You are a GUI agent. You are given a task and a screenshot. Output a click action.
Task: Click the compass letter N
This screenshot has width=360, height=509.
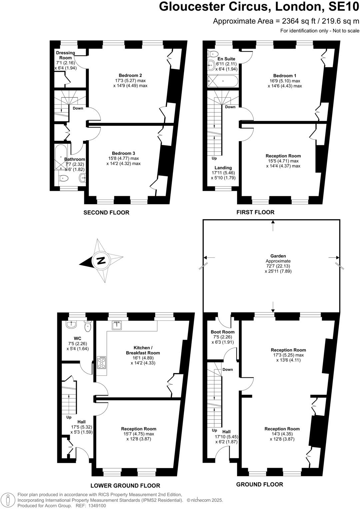[101, 261]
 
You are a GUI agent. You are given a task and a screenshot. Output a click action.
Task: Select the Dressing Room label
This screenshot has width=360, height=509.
[65, 55]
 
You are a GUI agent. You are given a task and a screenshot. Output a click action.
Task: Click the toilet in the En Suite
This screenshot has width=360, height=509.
[213, 54]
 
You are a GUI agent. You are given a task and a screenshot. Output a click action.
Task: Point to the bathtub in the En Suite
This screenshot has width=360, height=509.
[223, 81]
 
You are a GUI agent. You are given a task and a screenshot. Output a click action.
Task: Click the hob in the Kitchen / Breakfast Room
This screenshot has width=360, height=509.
[101, 362]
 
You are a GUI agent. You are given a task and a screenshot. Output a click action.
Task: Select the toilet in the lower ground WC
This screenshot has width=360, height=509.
[88, 326]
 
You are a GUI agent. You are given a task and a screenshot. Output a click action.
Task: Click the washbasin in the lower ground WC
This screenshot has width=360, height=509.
[71, 324]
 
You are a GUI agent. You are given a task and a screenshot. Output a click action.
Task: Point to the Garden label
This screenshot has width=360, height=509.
[278, 256]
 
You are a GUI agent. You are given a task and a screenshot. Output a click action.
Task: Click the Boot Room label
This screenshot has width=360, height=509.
[223, 332]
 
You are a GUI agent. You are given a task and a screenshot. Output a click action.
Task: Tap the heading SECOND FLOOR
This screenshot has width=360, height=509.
[106, 213]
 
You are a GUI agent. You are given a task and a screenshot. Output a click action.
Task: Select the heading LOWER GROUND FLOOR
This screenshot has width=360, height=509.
[125, 486]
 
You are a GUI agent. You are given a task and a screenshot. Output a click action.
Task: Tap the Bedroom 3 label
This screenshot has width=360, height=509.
[123, 154]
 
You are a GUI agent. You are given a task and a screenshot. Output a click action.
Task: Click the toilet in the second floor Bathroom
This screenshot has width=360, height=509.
[63, 179]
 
